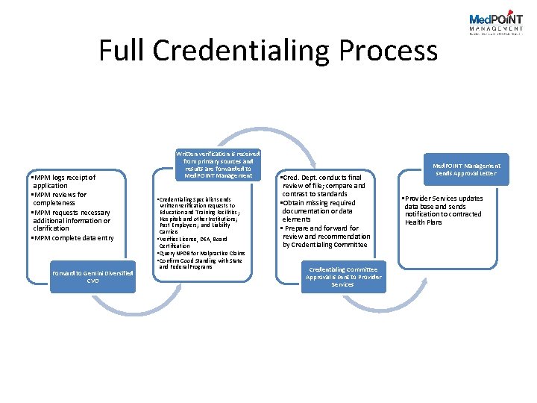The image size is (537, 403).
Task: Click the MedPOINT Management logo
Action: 495,23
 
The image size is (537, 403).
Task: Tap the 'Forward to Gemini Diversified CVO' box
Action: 92,277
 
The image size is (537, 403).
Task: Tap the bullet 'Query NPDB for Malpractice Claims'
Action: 201,253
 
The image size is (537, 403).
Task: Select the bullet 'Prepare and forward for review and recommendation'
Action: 325,237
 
